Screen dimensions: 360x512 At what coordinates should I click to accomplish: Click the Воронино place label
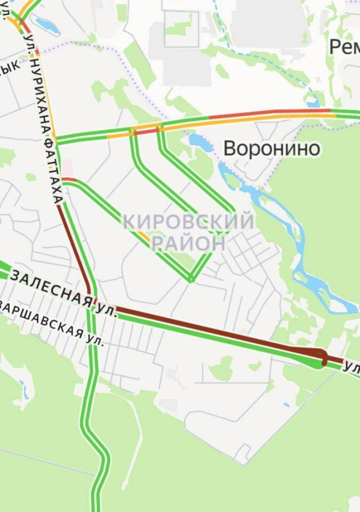click(x=272, y=148)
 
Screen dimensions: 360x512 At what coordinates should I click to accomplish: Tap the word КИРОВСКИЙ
click(x=188, y=221)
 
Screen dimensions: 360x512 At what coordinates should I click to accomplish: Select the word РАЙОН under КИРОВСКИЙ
click(x=188, y=243)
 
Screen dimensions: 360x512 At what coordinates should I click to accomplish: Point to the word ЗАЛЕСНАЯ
click(x=52, y=289)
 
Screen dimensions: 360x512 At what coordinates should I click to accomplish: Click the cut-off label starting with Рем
click(x=344, y=47)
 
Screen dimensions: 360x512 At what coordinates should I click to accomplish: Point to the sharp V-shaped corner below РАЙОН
click(x=191, y=279)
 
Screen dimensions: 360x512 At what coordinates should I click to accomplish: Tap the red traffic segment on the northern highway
click(x=240, y=115)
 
